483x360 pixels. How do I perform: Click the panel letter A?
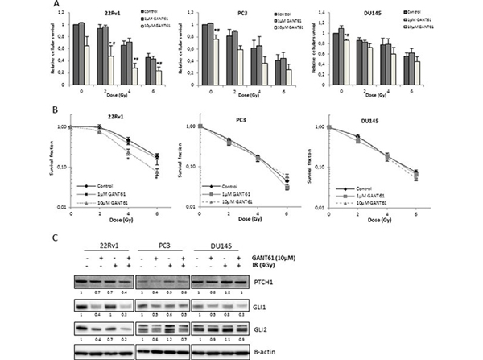click(x=55, y=4)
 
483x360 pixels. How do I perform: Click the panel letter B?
click(x=55, y=106)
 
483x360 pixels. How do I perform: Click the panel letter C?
click(x=55, y=238)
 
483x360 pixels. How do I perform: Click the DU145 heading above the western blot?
click(x=340, y=243)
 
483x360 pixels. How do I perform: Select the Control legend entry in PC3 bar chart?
click(x=262, y=13)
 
